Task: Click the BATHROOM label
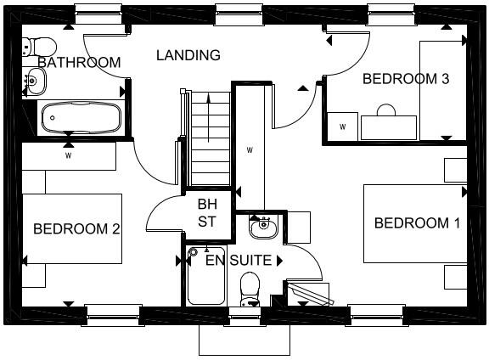click(x=79, y=62)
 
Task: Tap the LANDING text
click(x=188, y=55)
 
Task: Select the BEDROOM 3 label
click(x=394, y=79)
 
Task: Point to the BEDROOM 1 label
click(x=417, y=223)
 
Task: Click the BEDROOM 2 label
click(x=76, y=228)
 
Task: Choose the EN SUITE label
click(x=239, y=260)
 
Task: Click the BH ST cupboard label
click(x=207, y=213)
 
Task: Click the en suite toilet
click(x=250, y=289)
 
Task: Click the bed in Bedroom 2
click(x=72, y=228)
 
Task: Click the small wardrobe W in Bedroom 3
click(x=343, y=126)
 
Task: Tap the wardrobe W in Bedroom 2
click(x=68, y=155)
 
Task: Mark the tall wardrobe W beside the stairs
click(x=250, y=150)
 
